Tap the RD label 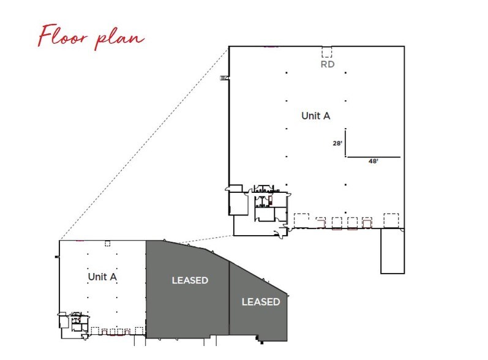tap(328, 62)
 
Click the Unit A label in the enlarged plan tap(316, 115)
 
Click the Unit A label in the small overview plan tap(102, 277)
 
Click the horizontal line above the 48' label tap(373, 157)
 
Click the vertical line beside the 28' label tap(346, 143)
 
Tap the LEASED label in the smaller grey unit tap(260, 302)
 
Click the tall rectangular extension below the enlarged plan tap(392, 251)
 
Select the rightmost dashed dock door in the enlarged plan tap(391, 219)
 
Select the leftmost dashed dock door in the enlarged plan tap(301, 219)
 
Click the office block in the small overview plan tap(77, 321)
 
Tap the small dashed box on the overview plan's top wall tap(107, 243)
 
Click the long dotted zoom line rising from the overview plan tap(141, 147)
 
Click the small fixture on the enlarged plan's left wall tap(224, 78)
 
